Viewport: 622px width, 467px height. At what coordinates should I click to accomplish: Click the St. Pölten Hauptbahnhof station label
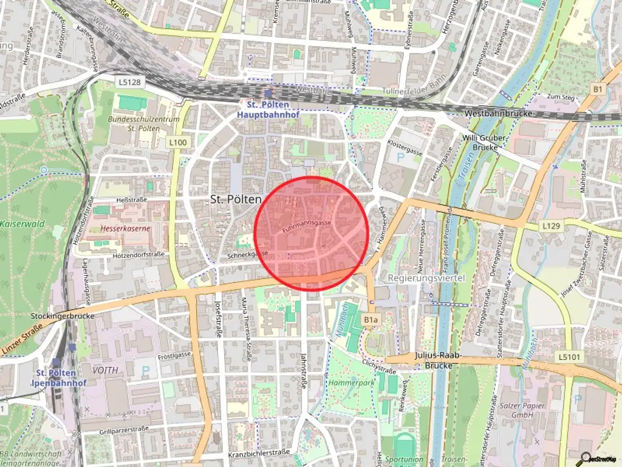(x=268, y=109)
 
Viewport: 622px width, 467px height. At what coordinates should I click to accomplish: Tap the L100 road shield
(x=178, y=142)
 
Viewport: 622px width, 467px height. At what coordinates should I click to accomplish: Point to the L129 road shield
(x=550, y=226)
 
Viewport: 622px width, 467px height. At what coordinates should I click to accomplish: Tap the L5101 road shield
(x=569, y=357)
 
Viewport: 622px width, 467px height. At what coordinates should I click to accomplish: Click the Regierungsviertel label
(x=426, y=278)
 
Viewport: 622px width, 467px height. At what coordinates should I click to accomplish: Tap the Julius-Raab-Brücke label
(x=439, y=361)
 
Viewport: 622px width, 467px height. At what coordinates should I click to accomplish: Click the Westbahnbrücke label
(x=498, y=114)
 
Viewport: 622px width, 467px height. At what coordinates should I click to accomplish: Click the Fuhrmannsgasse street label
(x=307, y=227)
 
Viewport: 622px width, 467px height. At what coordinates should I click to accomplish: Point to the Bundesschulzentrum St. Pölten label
(x=144, y=123)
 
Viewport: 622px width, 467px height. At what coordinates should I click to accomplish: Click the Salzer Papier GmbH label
(x=523, y=410)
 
